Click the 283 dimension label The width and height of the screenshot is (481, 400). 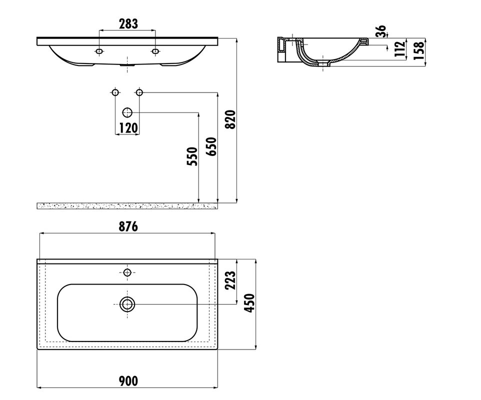(128, 23)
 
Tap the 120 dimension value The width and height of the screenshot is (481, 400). (128, 127)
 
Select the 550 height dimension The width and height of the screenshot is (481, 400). (192, 156)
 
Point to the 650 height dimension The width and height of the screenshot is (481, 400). (211, 146)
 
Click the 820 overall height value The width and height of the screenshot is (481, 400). (230, 119)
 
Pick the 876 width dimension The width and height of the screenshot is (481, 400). (128, 226)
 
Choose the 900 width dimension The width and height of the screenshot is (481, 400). (128, 381)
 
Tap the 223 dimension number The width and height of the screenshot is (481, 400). (230, 280)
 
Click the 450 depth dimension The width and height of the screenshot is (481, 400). (249, 303)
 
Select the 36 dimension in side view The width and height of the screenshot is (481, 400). (380, 31)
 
